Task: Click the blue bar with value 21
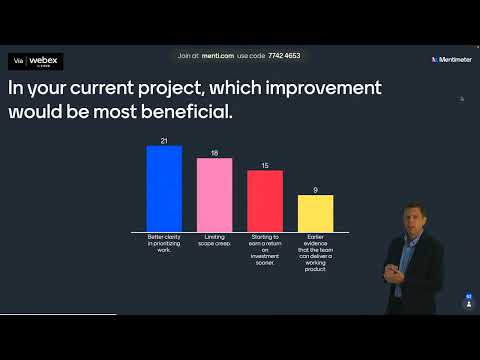pyautogui.click(x=164, y=188)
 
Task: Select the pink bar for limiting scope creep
pyautogui.click(x=214, y=195)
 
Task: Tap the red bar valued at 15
pyautogui.click(x=264, y=201)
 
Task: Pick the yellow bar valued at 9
pyautogui.click(x=315, y=213)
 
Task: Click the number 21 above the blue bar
pyautogui.click(x=164, y=141)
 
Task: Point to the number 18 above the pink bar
pyautogui.click(x=214, y=154)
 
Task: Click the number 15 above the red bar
pyautogui.click(x=264, y=166)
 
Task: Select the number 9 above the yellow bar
pyautogui.click(x=315, y=190)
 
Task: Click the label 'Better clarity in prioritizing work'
pyautogui.click(x=164, y=243)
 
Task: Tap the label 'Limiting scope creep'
pyautogui.click(x=214, y=240)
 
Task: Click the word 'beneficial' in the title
pyautogui.click(x=185, y=110)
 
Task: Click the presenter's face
pyautogui.click(x=411, y=219)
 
